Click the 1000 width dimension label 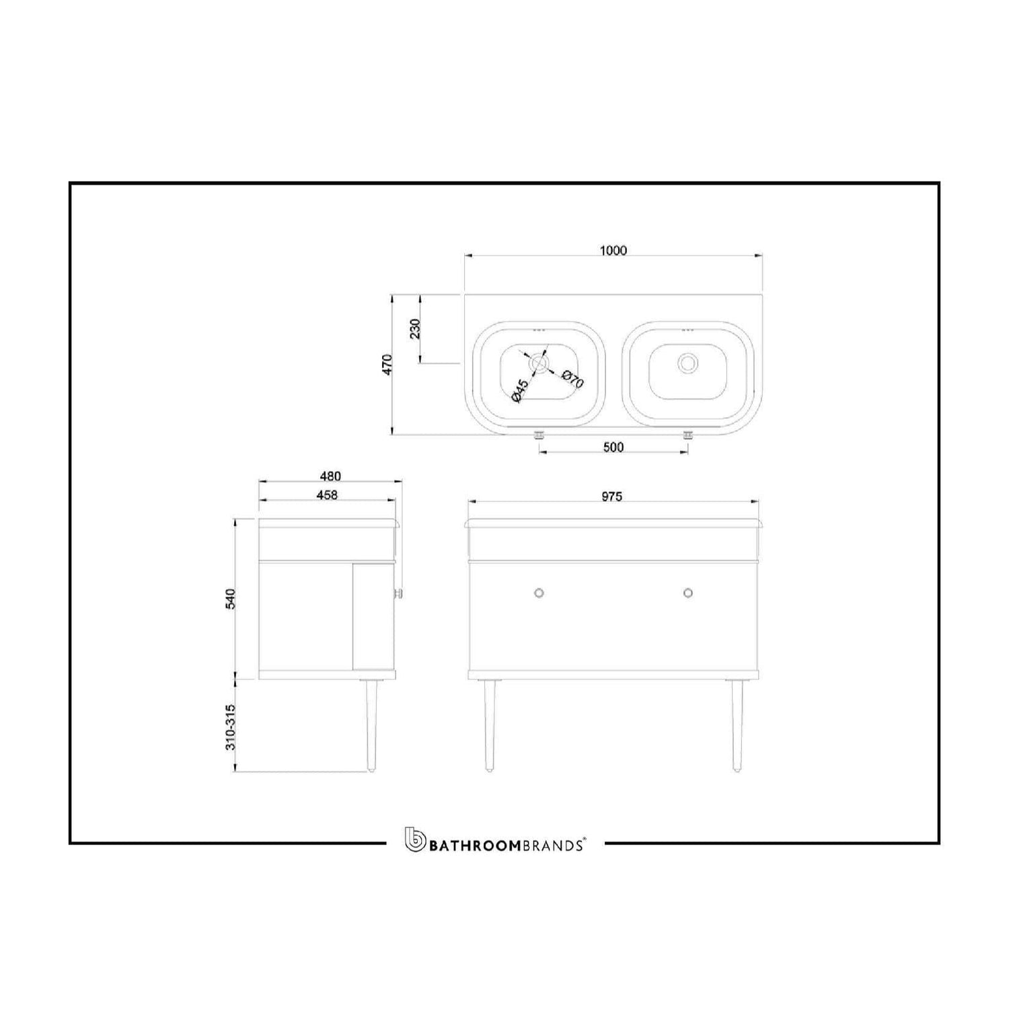[613, 251]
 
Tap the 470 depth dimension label [387, 365]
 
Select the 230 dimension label [415, 328]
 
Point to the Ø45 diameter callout [519, 391]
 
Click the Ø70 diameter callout [572, 379]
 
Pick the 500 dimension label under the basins [613, 447]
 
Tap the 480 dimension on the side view [330, 476]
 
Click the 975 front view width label [611, 497]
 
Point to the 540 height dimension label [230, 599]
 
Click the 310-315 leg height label [230, 727]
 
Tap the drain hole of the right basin [687, 363]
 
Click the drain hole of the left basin [539, 363]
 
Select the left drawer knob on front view [539, 593]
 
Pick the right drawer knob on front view [687, 593]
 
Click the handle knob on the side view [398, 593]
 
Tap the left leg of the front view [488, 724]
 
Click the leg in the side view [372, 724]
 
